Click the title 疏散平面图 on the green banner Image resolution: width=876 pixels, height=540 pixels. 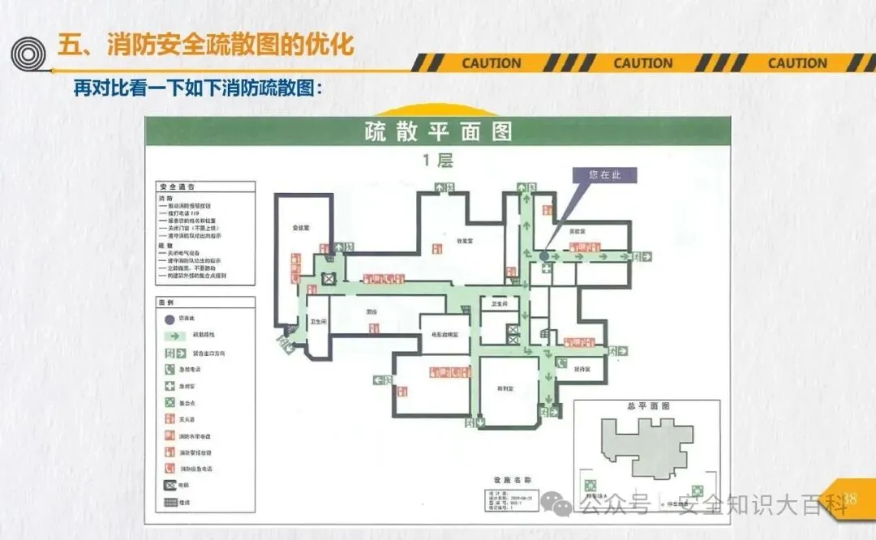click(438, 132)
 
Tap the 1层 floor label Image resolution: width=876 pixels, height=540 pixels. click(438, 161)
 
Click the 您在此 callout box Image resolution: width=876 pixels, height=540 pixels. click(604, 175)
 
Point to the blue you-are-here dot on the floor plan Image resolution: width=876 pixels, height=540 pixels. click(543, 255)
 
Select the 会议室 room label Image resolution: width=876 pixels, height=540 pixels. click(303, 229)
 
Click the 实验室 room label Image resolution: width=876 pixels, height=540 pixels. click(578, 233)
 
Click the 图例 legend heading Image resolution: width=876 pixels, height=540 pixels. click(166, 302)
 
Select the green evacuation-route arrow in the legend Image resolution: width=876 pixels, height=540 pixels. click(171, 335)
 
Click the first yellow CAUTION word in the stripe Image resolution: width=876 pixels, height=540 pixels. click(492, 63)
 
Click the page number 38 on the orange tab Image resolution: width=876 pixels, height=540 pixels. click(851, 498)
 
